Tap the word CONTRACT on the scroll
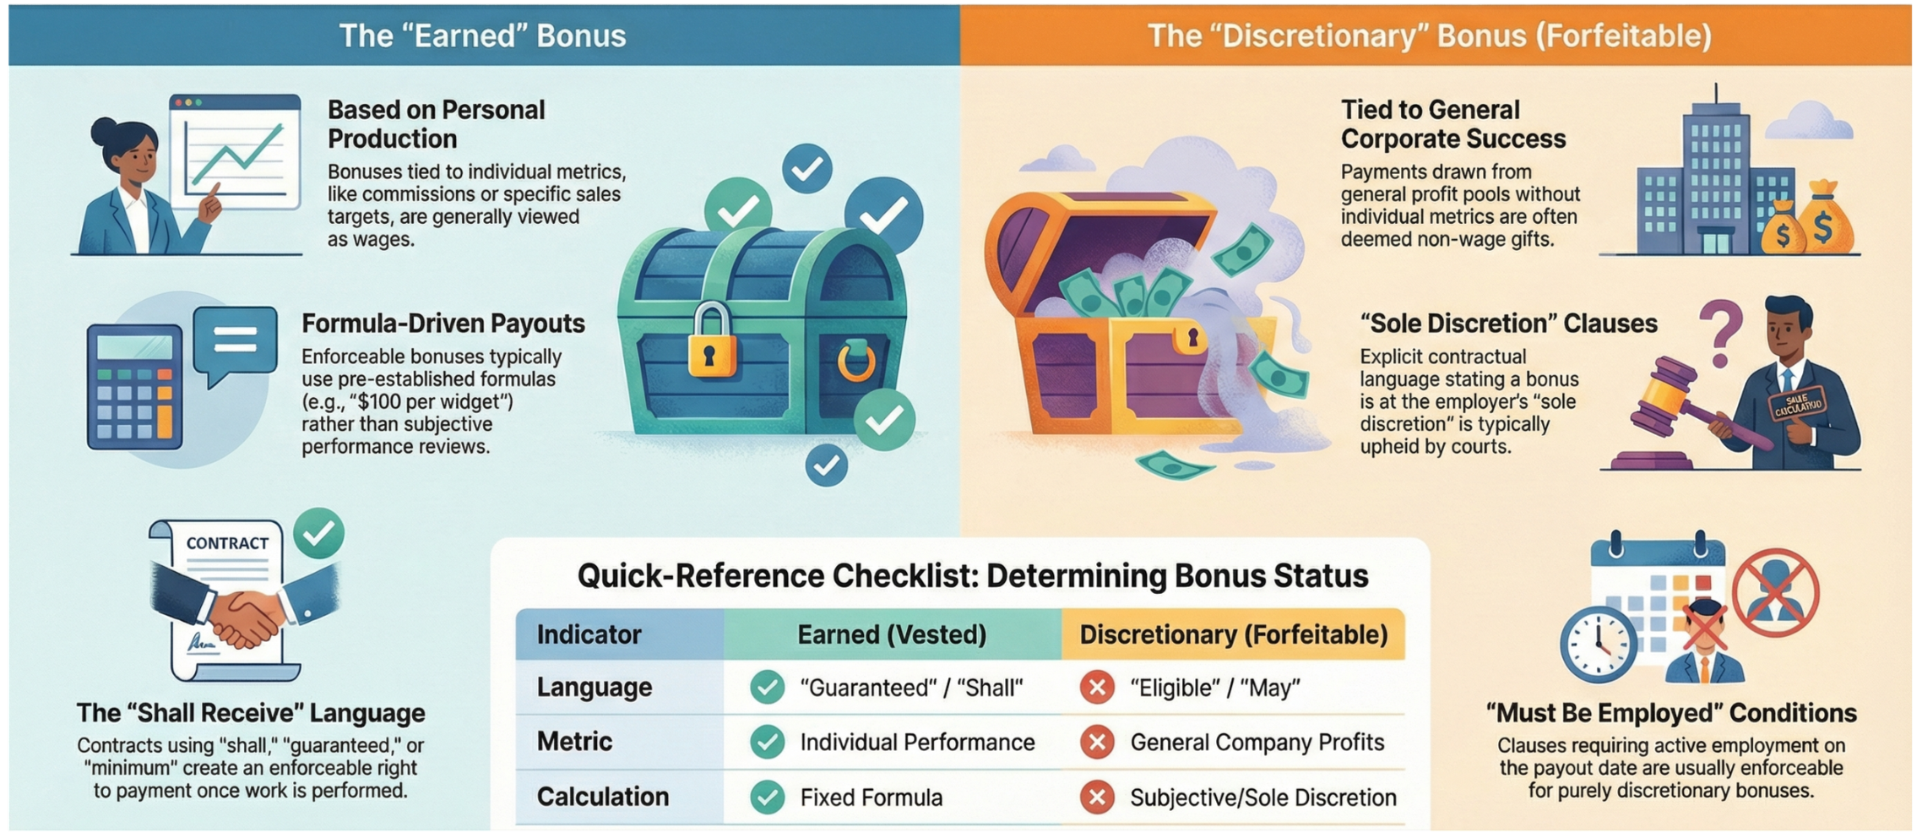pos(227,543)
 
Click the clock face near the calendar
pos(1598,644)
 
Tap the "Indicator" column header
pos(589,634)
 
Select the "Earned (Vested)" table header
pos(892,634)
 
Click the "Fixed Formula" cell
pos(871,798)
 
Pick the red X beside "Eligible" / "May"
pos(1097,688)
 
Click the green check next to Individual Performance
pos(767,742)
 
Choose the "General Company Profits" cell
pos(1257,742)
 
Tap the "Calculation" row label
pos(602,797)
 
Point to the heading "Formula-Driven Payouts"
pos(442,324)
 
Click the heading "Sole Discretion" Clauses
pos(1508,324)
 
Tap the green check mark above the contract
pos(319,532)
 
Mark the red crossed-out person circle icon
pos(1775,592)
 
